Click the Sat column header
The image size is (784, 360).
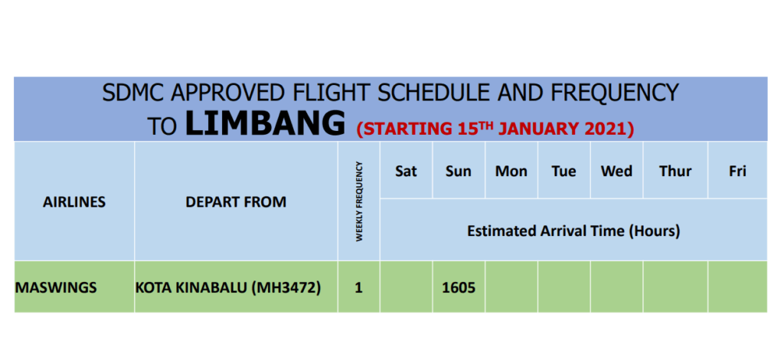point(406,172)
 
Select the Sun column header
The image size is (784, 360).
point(459,172)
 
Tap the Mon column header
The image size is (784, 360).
point(511,172)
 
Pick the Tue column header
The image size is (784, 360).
point(564,172)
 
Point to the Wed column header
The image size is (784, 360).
point(616,172)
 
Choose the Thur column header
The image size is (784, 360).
point(675,172)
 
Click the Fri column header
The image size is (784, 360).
point(737,172)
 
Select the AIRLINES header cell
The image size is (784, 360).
point(74,202)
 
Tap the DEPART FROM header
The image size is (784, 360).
point(236,202)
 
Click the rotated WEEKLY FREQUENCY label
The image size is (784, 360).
point(358,201)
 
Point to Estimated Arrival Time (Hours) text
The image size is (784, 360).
point(573,231)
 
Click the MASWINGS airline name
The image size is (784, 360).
point(55,288)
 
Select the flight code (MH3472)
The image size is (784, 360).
point(286,289)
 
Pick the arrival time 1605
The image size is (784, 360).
point(459,289)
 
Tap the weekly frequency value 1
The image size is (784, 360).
point(358,289)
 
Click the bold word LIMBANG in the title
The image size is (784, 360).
point(265,123)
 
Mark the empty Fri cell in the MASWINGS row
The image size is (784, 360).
point(737,286)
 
